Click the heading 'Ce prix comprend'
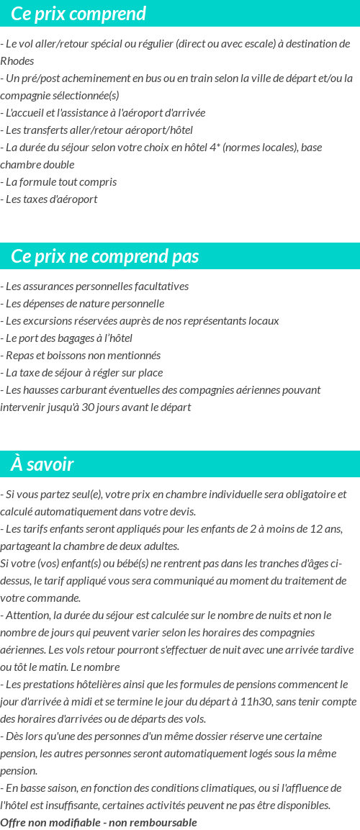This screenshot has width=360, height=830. (78, 14)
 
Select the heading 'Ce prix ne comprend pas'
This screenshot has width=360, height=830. (105, 256)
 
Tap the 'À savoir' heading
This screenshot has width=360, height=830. (42, 464)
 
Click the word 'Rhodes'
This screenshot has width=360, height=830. (17, 61)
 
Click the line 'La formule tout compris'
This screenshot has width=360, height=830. (60, 182)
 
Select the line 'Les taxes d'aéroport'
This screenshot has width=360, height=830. (51, 199)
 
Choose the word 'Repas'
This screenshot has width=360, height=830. (19, 356)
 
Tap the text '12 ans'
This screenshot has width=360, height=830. (328, 529)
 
